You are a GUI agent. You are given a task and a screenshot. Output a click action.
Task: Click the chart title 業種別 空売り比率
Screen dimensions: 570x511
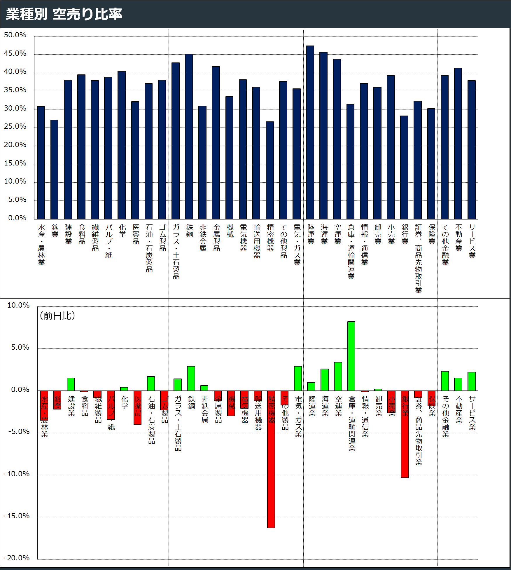tap(64, 14)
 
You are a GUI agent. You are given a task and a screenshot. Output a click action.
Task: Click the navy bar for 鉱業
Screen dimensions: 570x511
tap(54, 169)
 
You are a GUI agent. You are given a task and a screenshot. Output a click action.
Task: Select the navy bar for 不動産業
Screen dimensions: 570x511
tap(458, 143)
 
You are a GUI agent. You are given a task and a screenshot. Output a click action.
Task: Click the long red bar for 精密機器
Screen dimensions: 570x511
tap(271, 459)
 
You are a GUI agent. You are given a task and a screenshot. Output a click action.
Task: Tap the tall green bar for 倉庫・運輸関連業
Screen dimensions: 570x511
tap(351, 356)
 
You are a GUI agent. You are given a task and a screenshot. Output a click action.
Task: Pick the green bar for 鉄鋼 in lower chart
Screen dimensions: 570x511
tap(191, 378)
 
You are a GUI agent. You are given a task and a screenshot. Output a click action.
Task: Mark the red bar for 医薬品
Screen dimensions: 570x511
tap(137, 407)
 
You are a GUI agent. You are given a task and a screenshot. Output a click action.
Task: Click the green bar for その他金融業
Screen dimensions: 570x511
tap(445, 381)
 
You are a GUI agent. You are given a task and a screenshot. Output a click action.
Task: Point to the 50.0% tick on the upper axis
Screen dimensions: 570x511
tap(15, 35)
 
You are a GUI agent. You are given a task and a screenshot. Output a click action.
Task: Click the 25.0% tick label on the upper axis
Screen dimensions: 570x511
tap(15, 127)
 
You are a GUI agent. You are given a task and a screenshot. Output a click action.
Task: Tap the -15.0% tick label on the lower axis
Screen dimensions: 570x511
tap(17, 516)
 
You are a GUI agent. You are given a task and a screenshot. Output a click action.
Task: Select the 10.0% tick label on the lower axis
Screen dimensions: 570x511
tap(18, 305)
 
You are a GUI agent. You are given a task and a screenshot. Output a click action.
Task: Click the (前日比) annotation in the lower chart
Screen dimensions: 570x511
tap(57, 315)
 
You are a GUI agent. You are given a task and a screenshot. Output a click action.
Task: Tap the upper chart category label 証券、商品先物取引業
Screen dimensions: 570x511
tap(419, 258)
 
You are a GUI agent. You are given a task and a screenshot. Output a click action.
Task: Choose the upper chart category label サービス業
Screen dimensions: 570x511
tap(472, 241)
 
